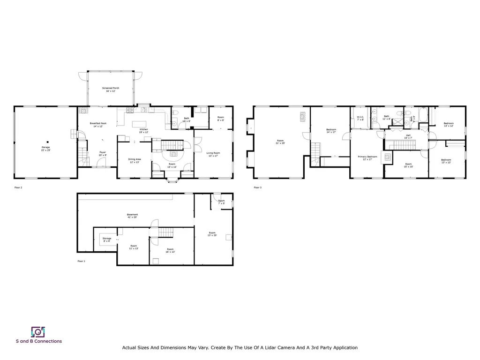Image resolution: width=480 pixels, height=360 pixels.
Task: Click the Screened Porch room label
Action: [x=111, y=90]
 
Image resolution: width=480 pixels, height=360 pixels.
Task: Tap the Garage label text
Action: [x=45, y=149]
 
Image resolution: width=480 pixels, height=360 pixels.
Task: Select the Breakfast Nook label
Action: [x=98, y=125]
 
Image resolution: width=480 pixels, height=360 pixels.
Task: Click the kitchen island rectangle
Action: [x=140, y=124]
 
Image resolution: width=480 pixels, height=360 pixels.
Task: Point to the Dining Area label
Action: [x=135, y=161]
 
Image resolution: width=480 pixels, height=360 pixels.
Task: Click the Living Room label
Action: [x=213, y=154]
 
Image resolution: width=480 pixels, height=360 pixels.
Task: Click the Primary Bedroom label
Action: [x=367, y=158]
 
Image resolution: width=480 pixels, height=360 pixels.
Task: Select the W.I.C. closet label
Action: [x=360, y=118]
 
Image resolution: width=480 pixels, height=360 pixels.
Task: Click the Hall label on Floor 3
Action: [x=408, y=136]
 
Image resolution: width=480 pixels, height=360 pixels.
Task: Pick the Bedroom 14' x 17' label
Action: [x=331, y=131]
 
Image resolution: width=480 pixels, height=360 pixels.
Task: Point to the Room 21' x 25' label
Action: [x=280, y=142]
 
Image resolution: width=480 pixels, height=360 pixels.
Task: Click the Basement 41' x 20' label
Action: [x=132, y=216]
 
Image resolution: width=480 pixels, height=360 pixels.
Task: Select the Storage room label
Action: [x=107, y=240]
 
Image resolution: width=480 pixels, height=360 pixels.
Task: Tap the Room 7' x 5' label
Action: [x=221, y=202]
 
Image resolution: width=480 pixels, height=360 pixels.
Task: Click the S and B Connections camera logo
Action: [x=37, y=332]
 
